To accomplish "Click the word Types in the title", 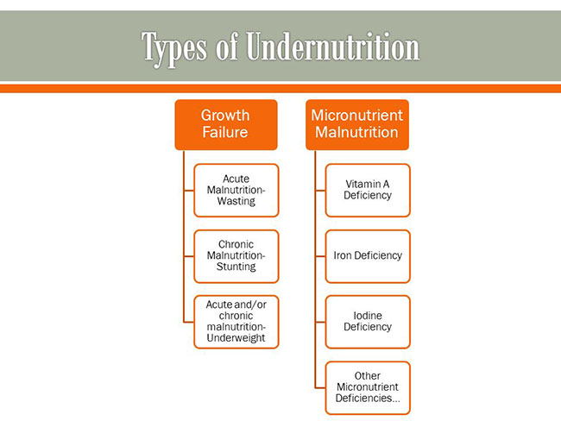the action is [x=174, y=48].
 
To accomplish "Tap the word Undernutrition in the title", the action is [x=333, y=46].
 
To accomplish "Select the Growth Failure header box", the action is [x=226, y=125].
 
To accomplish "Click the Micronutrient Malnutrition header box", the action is [x=357, y=125].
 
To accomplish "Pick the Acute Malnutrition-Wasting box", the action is [x=236, y=191].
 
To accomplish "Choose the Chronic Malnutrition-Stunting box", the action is [x=236, y=256].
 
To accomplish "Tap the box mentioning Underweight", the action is [x=236, y=322].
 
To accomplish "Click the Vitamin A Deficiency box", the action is [x=368, y=191].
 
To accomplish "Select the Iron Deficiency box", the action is [x=368, y=256].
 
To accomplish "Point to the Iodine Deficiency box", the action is [x=368, y=322].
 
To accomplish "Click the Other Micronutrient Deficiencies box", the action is [x=368, y=388].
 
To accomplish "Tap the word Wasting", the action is [x=236, y=201].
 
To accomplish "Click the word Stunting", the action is [x=236, y=267].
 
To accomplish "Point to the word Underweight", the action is [x=236, y=338].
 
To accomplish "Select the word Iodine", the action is [x=368, y=316].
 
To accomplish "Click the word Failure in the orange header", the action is [x=225, y=132].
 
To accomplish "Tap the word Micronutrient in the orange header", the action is [x=357, y=116].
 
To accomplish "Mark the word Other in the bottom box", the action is [x=368, y=375].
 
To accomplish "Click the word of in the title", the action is [x=227, y=47].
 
